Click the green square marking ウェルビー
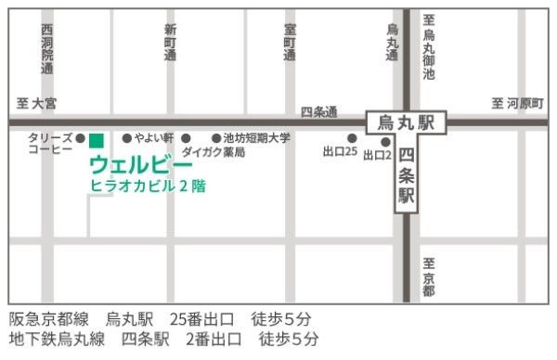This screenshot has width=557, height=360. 96,140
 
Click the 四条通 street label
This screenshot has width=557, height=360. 318,111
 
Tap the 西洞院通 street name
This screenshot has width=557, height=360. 47,50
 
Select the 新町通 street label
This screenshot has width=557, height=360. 169,43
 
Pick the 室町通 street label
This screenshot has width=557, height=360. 290,43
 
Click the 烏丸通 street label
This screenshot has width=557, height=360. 392,43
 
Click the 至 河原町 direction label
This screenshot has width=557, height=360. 517,103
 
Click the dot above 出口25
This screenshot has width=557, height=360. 352,138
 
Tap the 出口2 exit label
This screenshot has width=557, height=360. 377,155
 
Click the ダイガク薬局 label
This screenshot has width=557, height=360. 214,151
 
